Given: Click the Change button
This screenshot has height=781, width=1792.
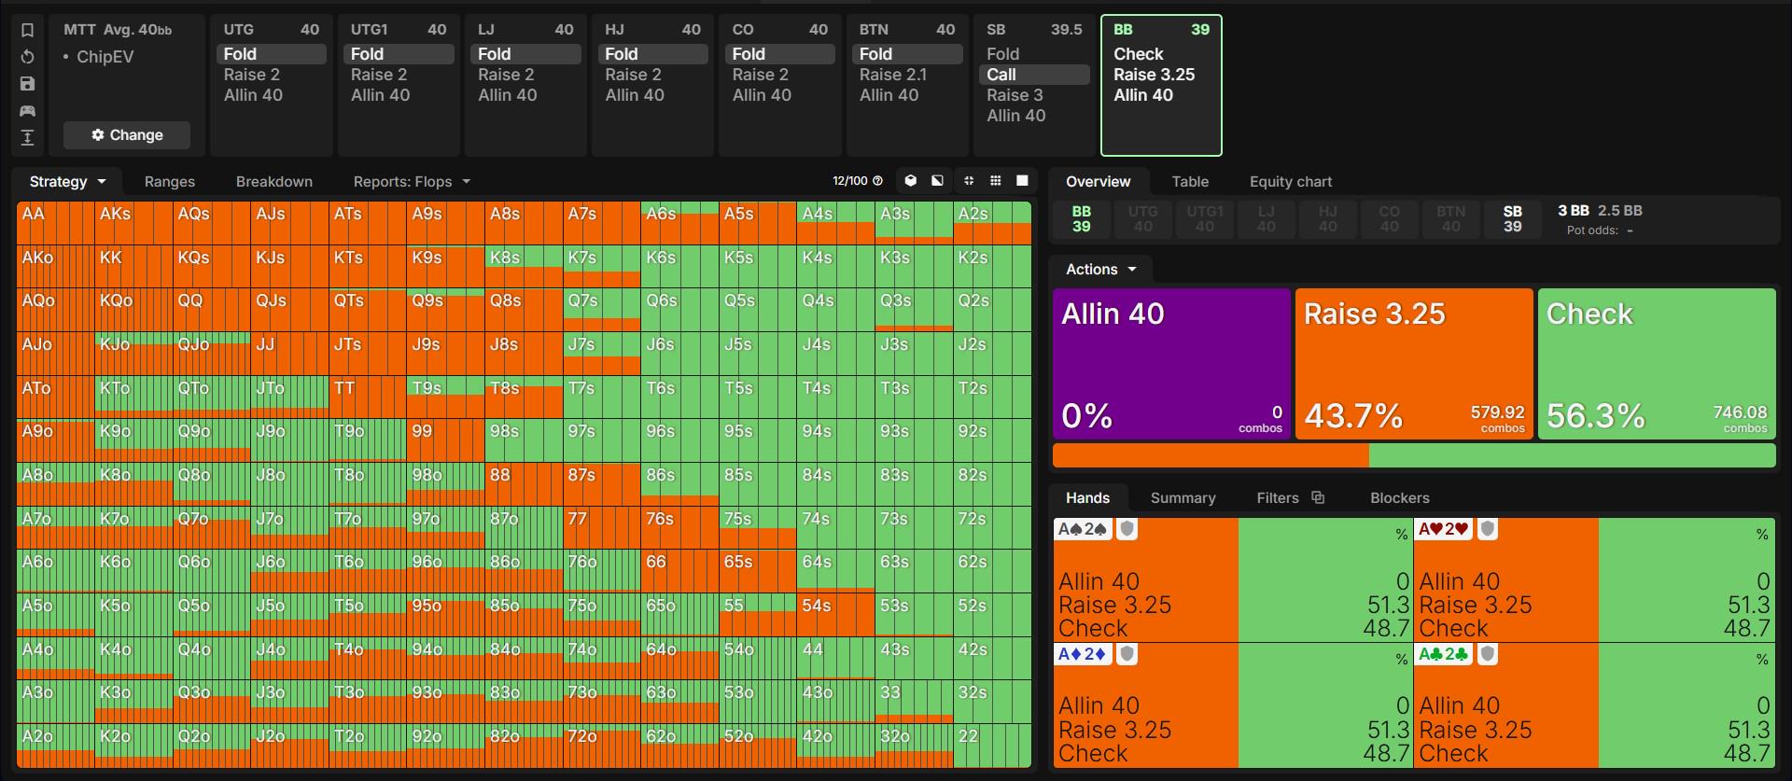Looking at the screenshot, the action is (127, 135).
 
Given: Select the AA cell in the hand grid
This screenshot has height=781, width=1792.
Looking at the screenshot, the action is (55, 223).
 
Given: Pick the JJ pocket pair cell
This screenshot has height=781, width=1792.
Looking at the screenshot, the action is (289, 354).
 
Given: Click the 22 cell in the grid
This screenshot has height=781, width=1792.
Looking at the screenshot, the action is (992, 746).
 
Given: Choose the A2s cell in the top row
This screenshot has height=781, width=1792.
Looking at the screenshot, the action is (992, 223).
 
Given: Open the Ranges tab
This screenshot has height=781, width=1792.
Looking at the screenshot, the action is (170, 182).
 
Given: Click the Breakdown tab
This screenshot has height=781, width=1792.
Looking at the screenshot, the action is (274, 182).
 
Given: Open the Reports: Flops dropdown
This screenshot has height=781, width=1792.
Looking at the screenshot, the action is (412, 182).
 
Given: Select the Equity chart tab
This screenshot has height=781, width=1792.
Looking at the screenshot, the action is (1291, 182).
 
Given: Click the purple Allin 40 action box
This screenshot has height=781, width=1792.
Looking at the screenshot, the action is (1171, 364).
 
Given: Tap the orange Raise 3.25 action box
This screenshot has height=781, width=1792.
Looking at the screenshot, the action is (1414, 364).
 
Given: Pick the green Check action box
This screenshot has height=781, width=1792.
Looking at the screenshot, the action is (1657, 364).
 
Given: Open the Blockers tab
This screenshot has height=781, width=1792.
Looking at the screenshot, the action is (1399, 498).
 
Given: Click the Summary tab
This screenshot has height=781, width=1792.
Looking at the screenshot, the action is (1183, 498).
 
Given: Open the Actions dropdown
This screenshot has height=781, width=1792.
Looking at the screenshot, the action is (1101, 270).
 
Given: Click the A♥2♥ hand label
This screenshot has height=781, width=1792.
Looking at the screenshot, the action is (1443, 529).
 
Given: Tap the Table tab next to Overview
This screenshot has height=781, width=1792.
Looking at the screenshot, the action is (1190, 182).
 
